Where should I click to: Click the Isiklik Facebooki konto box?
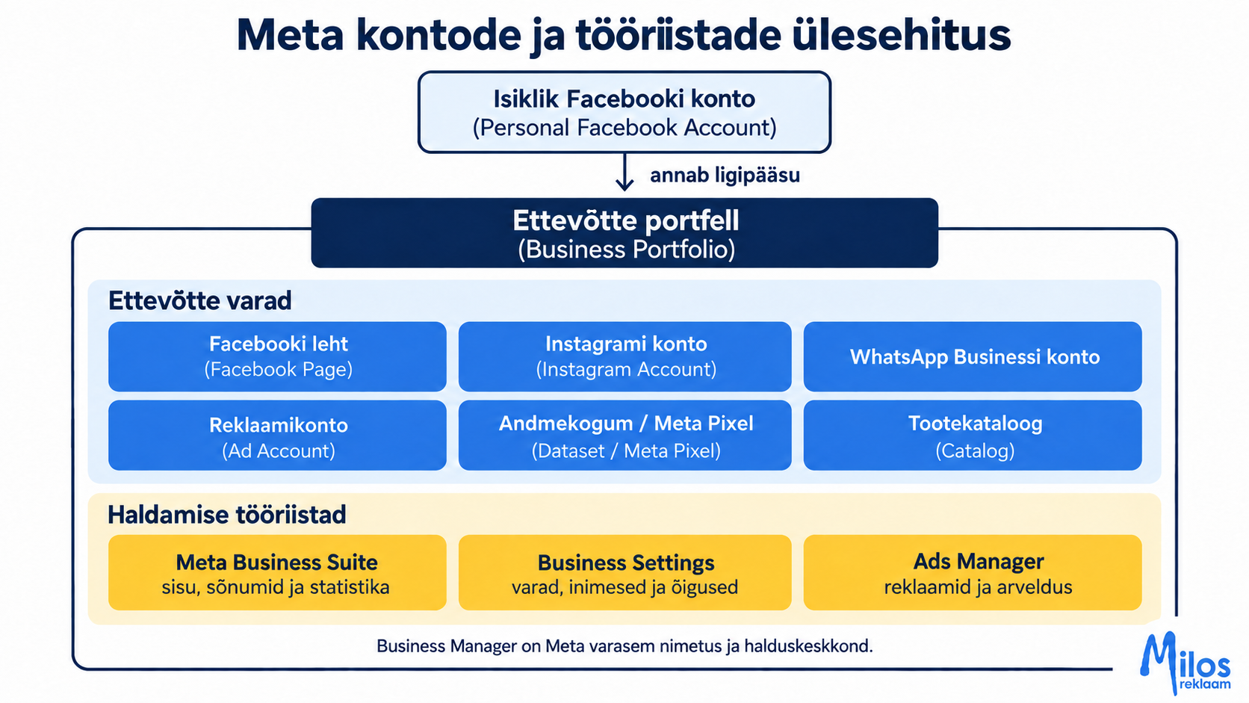point(624,112)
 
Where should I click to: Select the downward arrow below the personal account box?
point(624,173)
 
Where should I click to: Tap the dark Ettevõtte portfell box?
point(624,233)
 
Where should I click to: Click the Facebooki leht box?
point(277,357)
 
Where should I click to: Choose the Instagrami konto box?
point(625,357)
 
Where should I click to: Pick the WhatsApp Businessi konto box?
point(973,357)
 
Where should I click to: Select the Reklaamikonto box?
point(277,436)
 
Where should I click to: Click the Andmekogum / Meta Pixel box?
point(625,436)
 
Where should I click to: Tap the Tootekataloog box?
point(973,436)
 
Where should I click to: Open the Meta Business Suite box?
point(277,572)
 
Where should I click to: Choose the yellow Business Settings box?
point(625,572)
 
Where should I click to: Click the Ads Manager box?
point(973,572)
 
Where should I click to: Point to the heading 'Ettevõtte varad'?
point(199,300)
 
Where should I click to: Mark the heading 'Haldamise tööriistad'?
point(226,515)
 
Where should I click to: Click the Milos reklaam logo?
point(1185,663)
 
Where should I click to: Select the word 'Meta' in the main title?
point(290,35)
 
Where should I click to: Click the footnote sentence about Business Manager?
point(624,646)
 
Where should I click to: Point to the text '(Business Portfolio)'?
point(626,250)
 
